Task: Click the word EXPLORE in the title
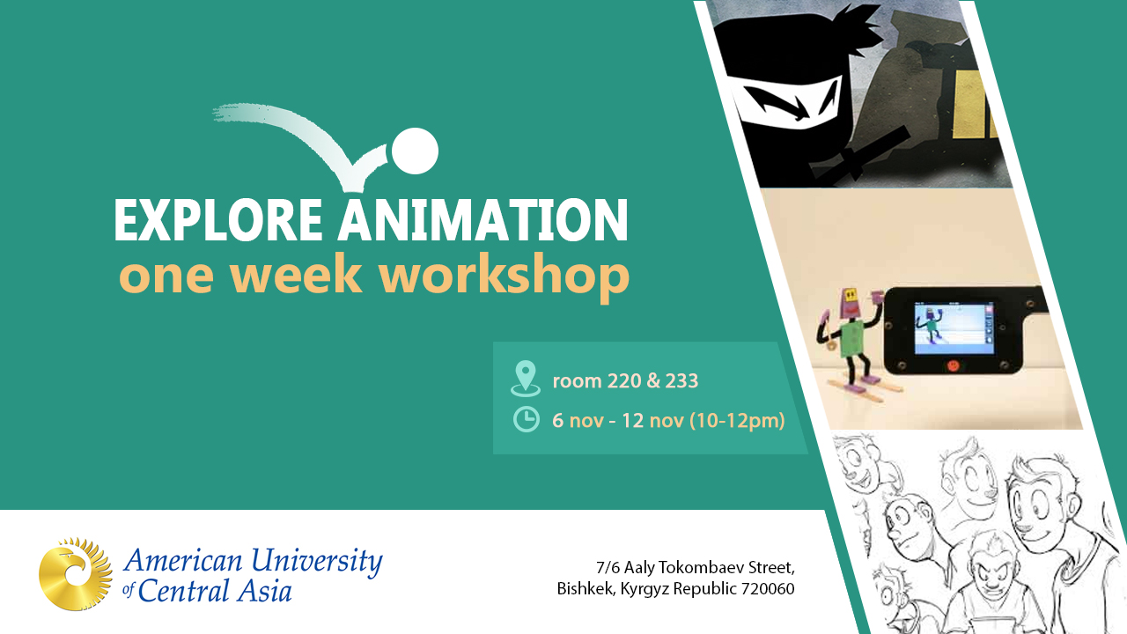[x=217, y=220]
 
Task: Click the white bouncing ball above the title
[x=415, y=151]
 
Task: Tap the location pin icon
[x=526, y=379]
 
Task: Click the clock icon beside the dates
[x=527, y=419]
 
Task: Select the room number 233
[x=681, y=381]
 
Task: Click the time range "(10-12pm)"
[x=737, y=420]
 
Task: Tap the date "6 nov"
[x=578, y=420]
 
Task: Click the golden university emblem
[x=76, y=573]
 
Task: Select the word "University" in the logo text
[x=317, y=562]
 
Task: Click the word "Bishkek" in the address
[x=586, y=588]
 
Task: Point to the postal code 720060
[x=769, y=588]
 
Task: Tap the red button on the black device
[x=953, y=365]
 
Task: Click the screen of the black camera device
[x=950, y=328]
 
